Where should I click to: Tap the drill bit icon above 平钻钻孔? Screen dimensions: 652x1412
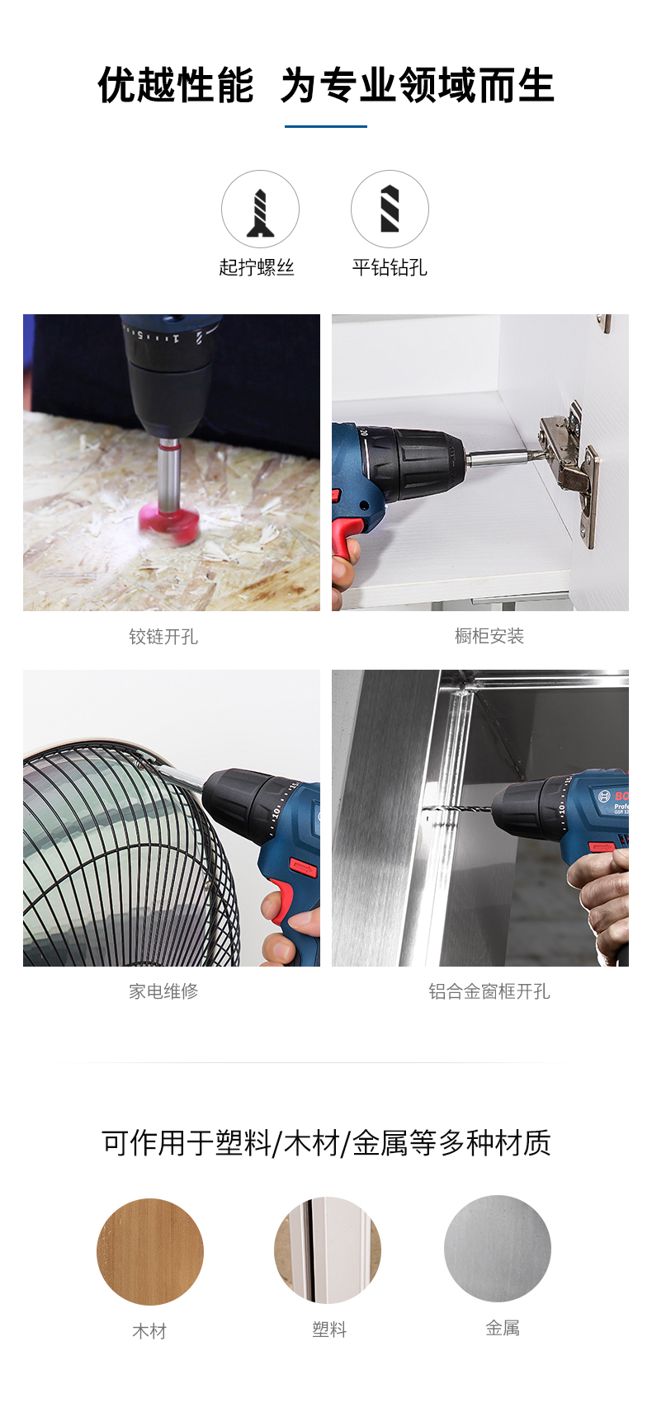(x=390, y=208)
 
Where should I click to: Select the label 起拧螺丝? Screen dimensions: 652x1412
(x=257, y=267)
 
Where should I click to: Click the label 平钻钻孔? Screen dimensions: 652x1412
(x=390, y=267)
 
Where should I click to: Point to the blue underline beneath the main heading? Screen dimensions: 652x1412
(x=325, y=127)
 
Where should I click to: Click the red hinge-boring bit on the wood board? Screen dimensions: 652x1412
(x=169, y=521)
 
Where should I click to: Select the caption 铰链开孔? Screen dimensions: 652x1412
(x=163, y=637)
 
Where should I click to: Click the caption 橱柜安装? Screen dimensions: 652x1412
(x=489, y=636)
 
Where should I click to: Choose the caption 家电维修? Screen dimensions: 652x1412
(x=163, y=991)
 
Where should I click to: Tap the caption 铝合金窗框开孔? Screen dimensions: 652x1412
(x=489, y=991)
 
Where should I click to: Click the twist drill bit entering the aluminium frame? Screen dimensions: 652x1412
(x=460, y=811)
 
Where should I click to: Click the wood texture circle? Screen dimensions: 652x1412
(x=150, y=1251)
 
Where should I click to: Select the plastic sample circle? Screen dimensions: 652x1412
(x=328, y=1250)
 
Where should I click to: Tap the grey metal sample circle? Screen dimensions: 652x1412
(x=498, y=1248)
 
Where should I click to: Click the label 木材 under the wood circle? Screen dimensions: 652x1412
(x=150, y=1330)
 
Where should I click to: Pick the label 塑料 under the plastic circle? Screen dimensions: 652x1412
(x=329, y=1329)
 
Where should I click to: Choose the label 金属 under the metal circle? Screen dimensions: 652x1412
(x=503, y=1328)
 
